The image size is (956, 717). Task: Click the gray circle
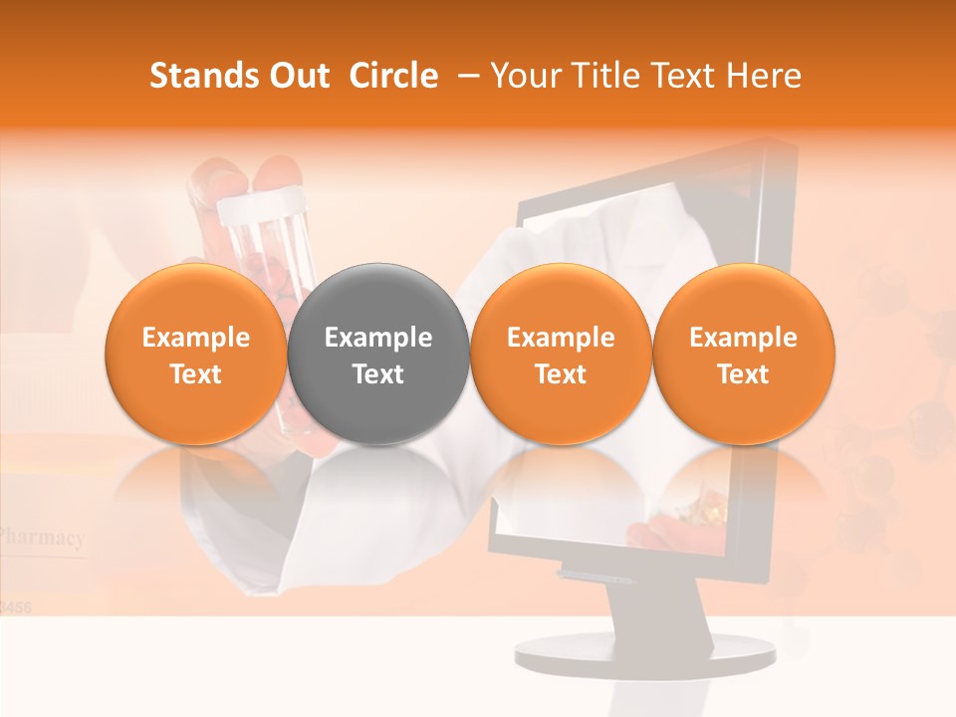tap(378, 355)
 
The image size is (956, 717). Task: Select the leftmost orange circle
tap(196, 355)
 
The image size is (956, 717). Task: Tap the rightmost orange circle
tap(743, 355)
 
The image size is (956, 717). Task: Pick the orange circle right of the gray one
tap(561, 355)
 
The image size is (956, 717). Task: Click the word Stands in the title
tap(199, 76)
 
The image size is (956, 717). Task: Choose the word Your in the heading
tap(526, 76)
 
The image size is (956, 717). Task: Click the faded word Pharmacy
tap(42, 538)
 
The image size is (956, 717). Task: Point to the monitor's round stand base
tap(645, 653)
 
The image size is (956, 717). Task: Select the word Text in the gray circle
tap(378, 374)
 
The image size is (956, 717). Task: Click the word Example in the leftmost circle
tap(196, 338)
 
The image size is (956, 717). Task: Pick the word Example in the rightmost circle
tap(743, 338)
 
